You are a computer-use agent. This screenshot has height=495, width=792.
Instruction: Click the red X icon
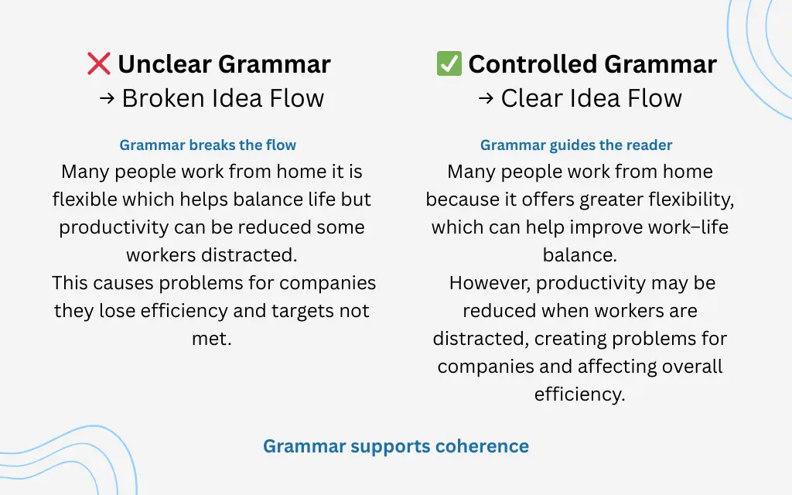[x=99, y=63]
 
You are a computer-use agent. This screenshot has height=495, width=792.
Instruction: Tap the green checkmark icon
[x=449, y=63]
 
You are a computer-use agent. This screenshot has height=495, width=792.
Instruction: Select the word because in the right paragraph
[x=461, y=200]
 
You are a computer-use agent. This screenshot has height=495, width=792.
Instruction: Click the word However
[x=489, y=283]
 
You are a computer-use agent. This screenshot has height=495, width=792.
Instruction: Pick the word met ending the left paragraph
[x=210, y=339]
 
